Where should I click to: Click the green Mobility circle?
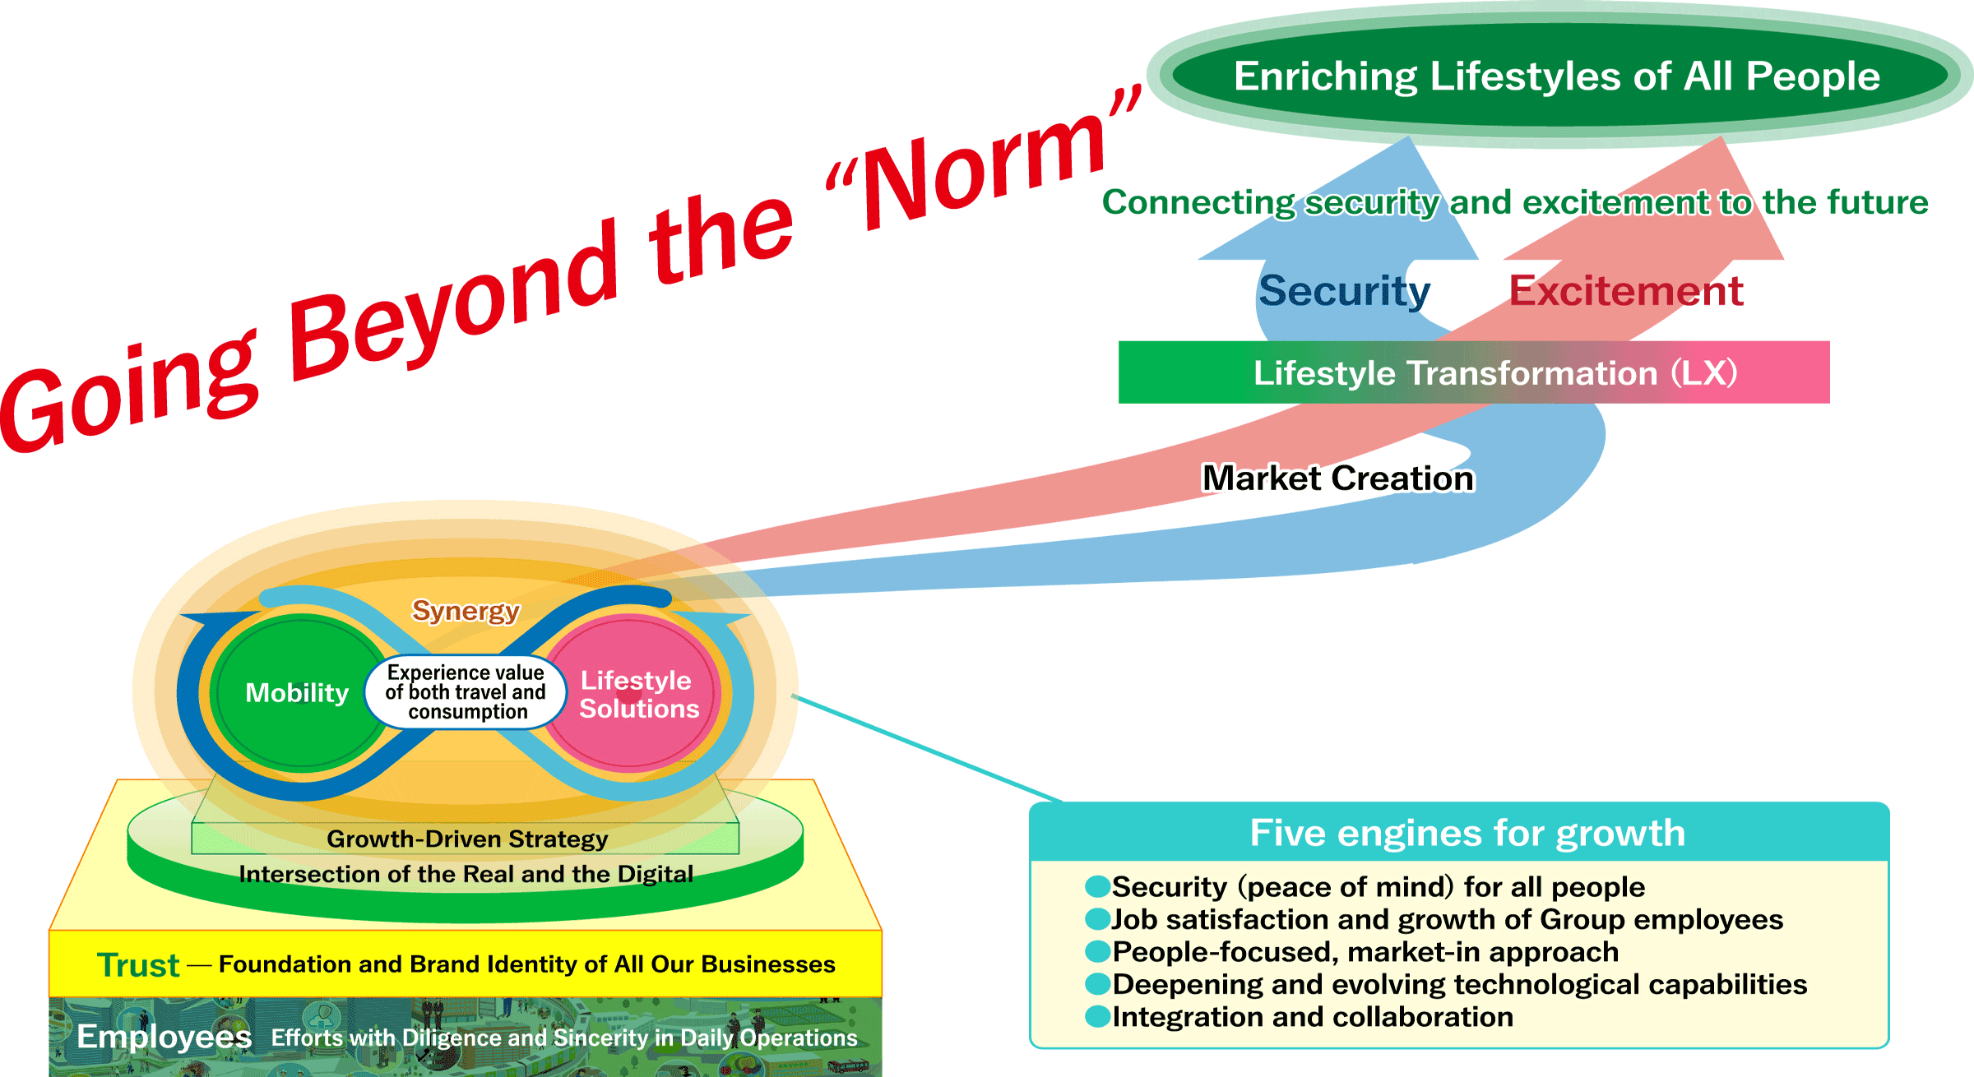(298, 693)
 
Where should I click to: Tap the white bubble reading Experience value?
(466, 692)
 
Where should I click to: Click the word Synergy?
(466, 611)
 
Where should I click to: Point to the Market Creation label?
(1338, 478)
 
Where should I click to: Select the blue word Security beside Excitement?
(1344, 291)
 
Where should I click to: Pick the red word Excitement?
(1625, 291)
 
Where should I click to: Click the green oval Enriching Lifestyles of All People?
(1556, 76)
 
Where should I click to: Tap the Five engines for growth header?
(1467, 833)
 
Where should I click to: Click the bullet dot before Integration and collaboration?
(1097, 1017)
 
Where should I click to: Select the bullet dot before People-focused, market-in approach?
(1097, 952)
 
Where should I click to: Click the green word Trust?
(138, 965)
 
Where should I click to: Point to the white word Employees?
(164, 1037)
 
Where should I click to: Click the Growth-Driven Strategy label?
(467, 839)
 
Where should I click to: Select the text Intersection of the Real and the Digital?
(466, 874)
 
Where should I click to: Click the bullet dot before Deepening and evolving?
(1097, 984)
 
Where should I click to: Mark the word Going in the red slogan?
(132, 395)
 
